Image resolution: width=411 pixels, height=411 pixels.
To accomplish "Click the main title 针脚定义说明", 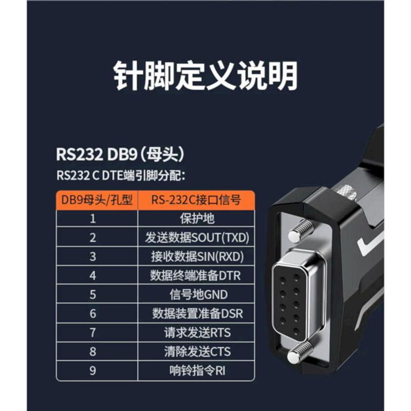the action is point(206,76).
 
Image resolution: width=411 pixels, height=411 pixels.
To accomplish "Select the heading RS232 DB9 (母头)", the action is point(120,154).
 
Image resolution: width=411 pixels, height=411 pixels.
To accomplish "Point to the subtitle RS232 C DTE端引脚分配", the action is point(121,175).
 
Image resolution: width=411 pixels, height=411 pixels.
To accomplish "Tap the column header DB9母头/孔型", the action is point(97,200).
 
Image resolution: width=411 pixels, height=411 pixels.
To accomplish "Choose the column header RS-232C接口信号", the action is point(196,200).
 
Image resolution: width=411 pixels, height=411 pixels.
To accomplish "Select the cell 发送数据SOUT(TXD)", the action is point(197,237).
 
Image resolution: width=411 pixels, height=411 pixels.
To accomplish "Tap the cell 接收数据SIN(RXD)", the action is point(197,256).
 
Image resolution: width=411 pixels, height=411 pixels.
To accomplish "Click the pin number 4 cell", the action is point(92,275).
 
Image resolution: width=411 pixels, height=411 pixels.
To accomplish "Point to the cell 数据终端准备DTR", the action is point(196,275).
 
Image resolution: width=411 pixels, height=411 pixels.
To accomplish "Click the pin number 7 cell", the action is point(92,332).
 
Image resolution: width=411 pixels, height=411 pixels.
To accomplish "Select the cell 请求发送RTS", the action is point(197,332).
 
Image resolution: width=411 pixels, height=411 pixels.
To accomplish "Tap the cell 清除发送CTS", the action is point(197,351).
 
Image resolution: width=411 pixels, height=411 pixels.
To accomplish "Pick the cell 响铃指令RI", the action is point(197,370).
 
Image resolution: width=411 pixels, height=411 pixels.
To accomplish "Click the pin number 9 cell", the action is point(92,370).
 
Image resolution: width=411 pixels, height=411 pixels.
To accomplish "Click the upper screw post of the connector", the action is point(301,230).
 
